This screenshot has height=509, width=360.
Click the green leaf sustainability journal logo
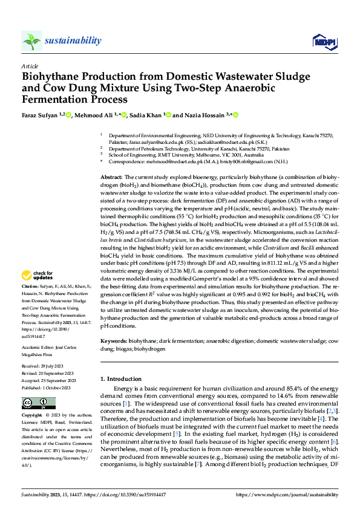click(x=31, y=41)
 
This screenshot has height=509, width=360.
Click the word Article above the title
click(x=30, y=66)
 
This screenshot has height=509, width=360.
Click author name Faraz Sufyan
click(x=40, y=115)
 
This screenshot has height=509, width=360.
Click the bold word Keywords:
click(x=114, y=342)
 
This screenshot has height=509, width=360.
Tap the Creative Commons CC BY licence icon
click(x=30, y=403)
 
